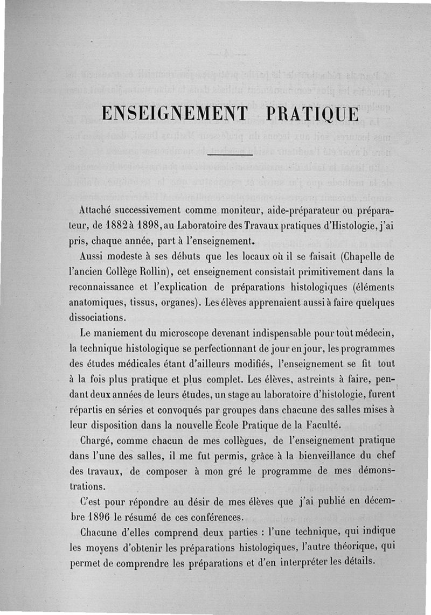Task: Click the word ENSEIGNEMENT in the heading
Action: tap(174, 115)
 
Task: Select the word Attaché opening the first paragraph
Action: tap(94, 209)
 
